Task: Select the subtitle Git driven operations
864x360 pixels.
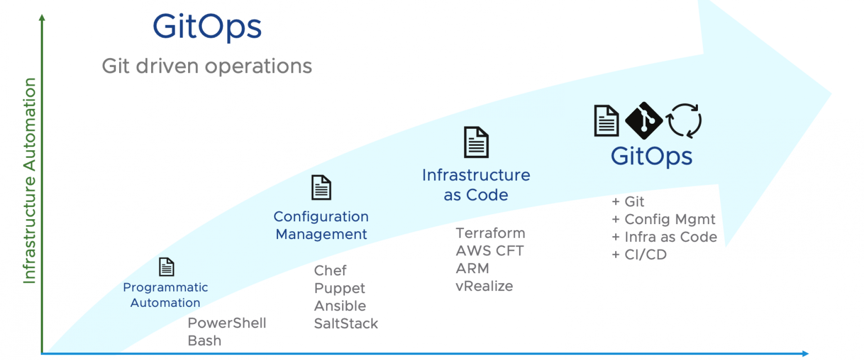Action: [207, 66]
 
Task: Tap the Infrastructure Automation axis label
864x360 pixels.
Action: [29, 180]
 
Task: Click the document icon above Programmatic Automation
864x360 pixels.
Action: [166, 267]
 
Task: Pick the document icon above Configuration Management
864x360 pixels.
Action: [321, 187]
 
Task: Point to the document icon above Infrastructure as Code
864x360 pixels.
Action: [476, 142]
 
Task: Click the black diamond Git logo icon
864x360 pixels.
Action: [644, 121]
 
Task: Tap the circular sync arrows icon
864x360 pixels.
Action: [684, 121]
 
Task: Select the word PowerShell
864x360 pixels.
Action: [227, 323]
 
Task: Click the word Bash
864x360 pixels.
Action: [204, 341]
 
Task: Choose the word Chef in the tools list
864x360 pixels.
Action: [330, 270]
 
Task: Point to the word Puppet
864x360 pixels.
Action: [340, 288]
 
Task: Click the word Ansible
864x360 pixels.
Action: [340, 306]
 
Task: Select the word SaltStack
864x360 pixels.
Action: [346, 324]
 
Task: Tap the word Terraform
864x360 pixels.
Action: [490, 233]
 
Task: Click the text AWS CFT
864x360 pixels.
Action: [490, 251]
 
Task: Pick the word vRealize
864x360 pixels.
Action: [484, 286]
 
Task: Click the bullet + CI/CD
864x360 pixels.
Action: [639, 255]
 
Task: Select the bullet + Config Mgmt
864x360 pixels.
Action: [664, 220]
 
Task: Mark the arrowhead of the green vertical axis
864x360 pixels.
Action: [42, 17]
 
